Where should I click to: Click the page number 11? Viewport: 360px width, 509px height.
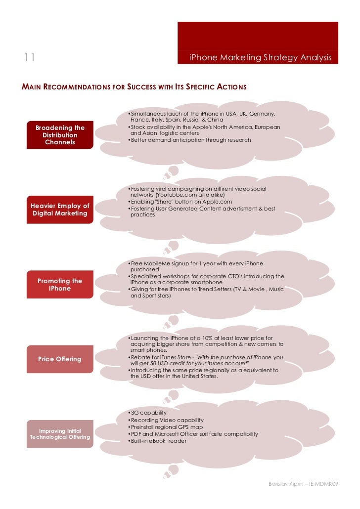click(x=29, y=57)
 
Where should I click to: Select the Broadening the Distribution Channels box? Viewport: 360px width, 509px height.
click(x=60, y=135)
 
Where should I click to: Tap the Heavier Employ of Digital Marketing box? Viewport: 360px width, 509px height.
click(x=60, y=210)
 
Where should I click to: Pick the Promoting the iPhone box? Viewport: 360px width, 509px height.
click(x=60, y=285)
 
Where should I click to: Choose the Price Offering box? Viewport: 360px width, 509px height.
click(x=60, y=359)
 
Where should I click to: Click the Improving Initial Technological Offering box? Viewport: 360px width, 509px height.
click(x=60, y=434)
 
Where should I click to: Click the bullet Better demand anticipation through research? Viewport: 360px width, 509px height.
click(x=190, y=140)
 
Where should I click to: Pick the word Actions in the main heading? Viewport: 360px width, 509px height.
click(x=231, y=87)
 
